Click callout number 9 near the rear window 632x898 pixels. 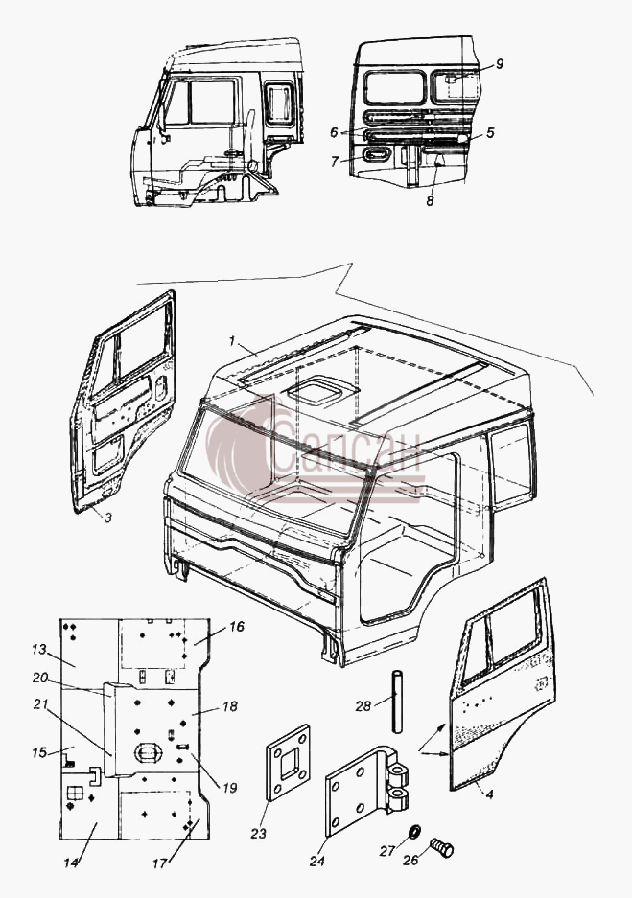500,63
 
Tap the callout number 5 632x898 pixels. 490,133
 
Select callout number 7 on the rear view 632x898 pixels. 336,162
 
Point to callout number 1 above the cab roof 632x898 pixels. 232,341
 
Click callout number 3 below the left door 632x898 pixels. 108,518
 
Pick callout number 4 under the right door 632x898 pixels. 489,794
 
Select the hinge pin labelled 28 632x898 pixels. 396,701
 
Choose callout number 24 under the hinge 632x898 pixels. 317,861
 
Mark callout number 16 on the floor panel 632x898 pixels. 237,627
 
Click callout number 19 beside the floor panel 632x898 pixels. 229,788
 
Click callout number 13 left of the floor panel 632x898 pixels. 39,650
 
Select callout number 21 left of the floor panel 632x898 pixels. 40,704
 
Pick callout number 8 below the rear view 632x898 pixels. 430,201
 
